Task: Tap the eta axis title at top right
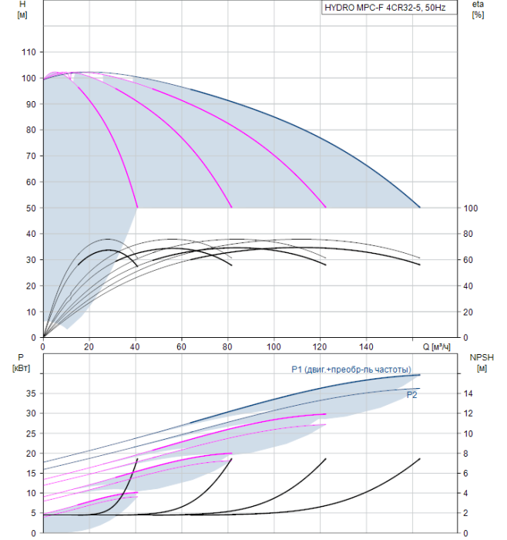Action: [477, 5]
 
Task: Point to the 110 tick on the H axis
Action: [29, 52]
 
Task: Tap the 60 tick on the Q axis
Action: [181, 346]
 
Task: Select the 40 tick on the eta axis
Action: [471, 286]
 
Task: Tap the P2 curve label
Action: [412, 394]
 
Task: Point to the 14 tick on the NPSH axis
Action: [470, 393]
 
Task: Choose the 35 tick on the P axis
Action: [32, 393]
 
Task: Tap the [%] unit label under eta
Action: [478, 15]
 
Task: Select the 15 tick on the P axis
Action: [32, 473]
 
